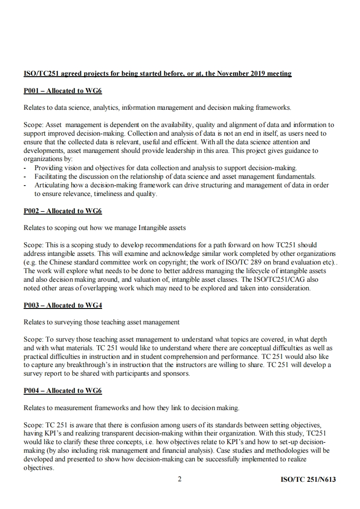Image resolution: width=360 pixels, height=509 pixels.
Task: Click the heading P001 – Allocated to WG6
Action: tap(63, 91)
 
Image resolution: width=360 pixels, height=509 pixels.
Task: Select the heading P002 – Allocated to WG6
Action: tap(63, 211)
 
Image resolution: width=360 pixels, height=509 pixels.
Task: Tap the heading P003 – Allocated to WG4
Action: tap(63, 305)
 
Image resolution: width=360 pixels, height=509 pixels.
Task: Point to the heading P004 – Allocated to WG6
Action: tap(63, 391)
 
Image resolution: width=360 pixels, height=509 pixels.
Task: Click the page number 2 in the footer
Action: tap(180, 479)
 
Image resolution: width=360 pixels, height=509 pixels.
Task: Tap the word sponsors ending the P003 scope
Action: tap(178, 374)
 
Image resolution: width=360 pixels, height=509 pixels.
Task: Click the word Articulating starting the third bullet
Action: tap(51, 185)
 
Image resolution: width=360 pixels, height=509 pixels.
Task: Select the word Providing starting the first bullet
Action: tap(49, 168)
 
